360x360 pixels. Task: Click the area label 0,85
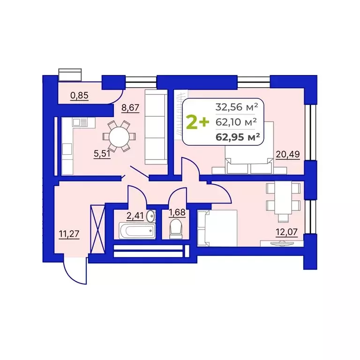(79, 96)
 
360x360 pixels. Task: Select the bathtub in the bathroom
(136, 231)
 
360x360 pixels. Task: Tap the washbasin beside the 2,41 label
(151, 217)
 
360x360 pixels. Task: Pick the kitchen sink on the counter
(80, 123)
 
